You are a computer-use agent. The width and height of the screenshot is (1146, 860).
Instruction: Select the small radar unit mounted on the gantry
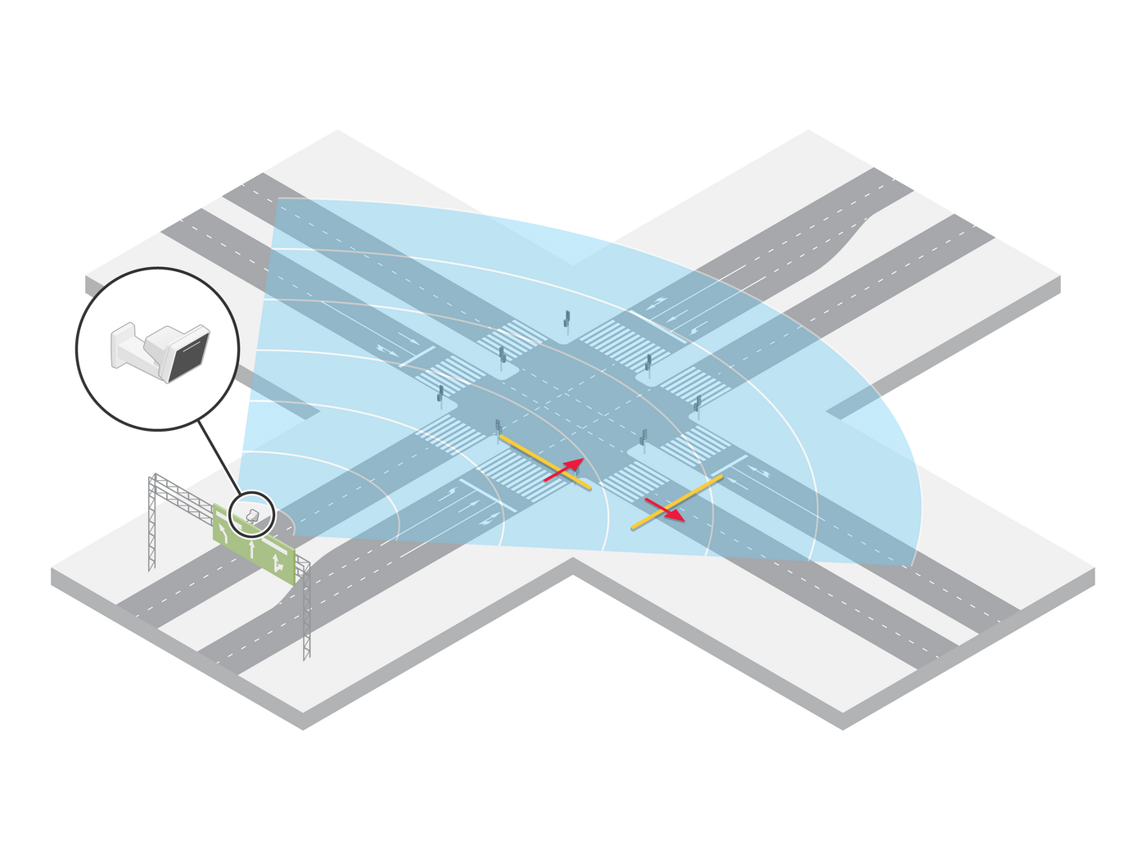(253, 515)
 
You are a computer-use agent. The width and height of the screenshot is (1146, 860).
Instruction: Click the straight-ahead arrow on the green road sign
(251, 547)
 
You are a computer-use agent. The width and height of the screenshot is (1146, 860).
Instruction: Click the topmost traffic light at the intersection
(566, 321)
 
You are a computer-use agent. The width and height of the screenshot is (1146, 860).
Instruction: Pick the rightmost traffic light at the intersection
(697, 405)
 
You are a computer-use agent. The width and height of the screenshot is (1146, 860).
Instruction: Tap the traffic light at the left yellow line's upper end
(498, 427)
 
